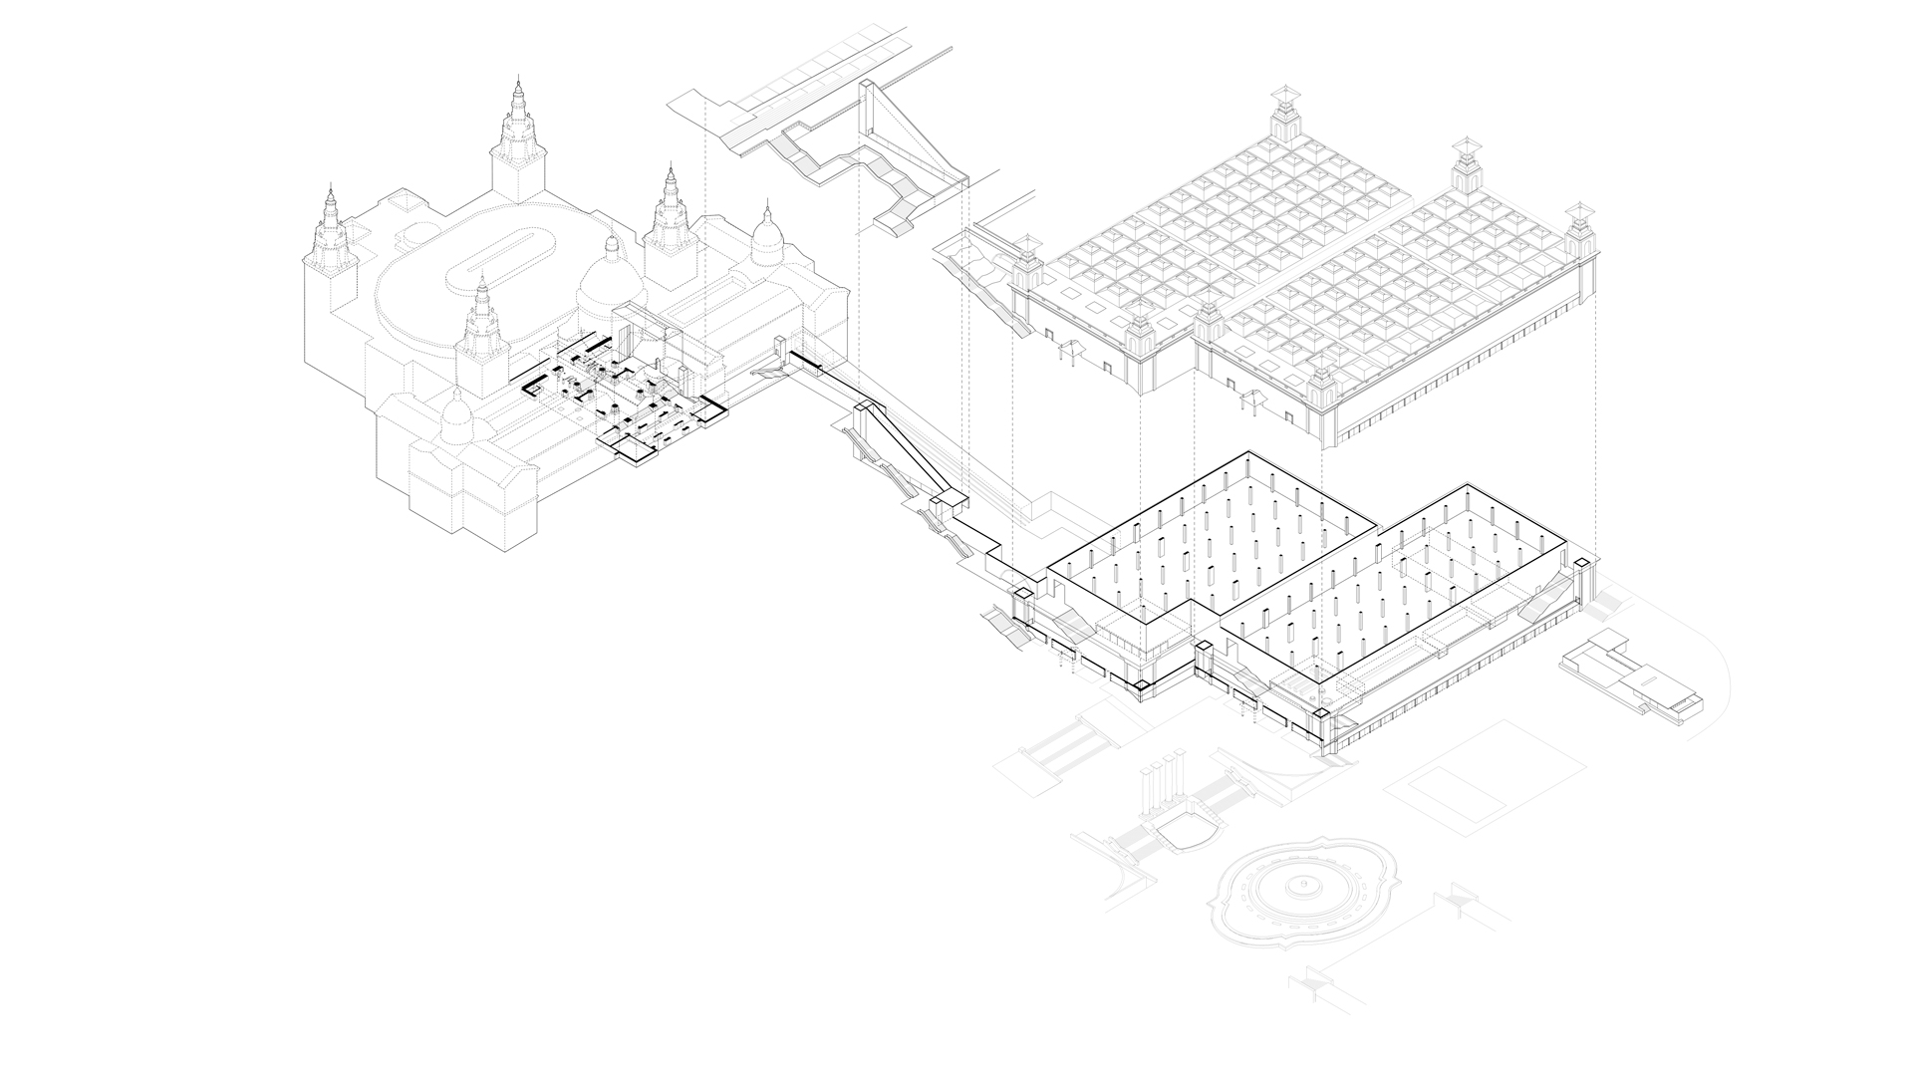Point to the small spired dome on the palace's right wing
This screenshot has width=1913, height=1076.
(x=768, y=235)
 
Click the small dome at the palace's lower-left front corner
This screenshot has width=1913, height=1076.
(x=456, y=418)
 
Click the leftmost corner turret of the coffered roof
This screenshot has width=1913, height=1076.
(x=1025, y=264)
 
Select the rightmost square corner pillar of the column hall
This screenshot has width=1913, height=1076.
(x=1581, y=568)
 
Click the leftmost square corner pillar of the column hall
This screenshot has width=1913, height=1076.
(x=1020, y=597)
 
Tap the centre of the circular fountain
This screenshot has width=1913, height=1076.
(x=1298, y=885)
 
